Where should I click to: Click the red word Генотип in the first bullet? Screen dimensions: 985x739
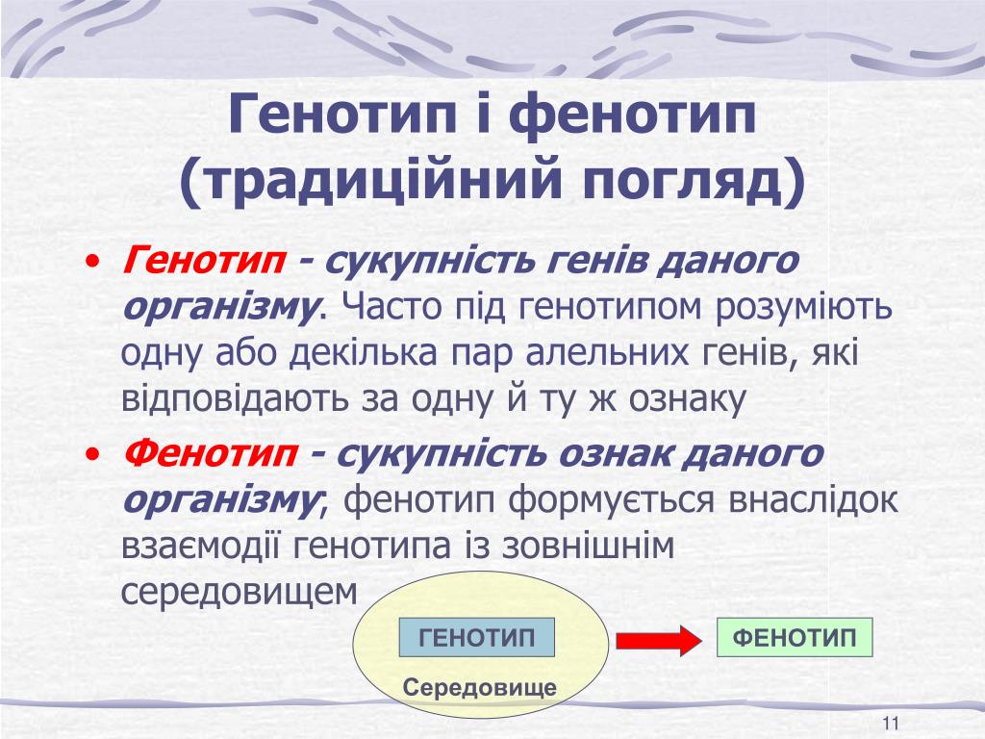click(204, 260)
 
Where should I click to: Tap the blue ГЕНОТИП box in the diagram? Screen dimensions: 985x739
click(477, 637)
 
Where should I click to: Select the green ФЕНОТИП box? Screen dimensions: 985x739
click(795, 637)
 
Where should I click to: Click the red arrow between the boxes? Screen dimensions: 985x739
click(659, 641)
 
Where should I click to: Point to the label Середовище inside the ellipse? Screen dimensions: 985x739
click(480, 687)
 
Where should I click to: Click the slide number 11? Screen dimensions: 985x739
click(891, 724)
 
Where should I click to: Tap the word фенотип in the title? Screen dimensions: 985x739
click(632, 114)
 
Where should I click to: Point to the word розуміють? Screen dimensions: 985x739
click(803, 307)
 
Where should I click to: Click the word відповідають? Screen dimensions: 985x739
click(235, 399)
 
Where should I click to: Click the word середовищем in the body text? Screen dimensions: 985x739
click(240, 592)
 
